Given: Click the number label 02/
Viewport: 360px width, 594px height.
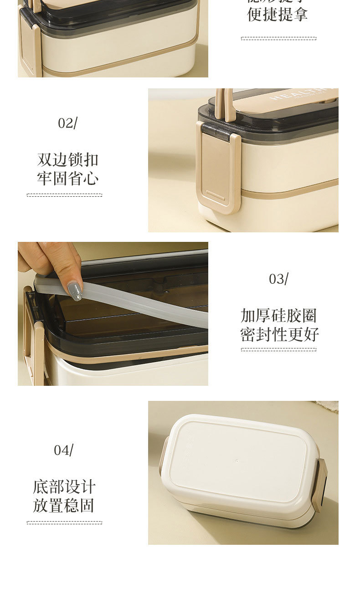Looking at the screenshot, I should pyautogui.click(x=67, y=123).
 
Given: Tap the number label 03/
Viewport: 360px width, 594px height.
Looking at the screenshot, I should pyautogui.click(x=278, y=279).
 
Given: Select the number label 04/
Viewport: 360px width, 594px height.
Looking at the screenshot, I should pyautogui.click(x=63, y=450).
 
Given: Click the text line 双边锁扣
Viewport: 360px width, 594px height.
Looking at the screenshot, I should pyautogui.click(x=67, y=160).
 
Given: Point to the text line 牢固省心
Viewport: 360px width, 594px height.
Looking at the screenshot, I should pyautogui.click(x=67, y=179).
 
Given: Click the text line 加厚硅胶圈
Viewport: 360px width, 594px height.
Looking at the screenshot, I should pyautogui.click(x=278, y=316).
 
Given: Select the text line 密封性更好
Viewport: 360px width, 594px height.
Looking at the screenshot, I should pyautogui.click(x=279, y=334).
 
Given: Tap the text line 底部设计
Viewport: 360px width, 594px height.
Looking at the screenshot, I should pyautogui.click(x=64, y=487).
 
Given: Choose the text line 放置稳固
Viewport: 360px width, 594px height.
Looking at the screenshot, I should pyautogui.click(x=64, y=506).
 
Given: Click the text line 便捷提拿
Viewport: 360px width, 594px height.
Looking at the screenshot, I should pyautogui.click(x=277, y=15).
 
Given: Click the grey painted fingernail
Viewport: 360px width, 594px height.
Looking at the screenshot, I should pyautogui.click(x=74, y=291).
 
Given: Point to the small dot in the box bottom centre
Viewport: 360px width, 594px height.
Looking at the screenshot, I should pyautogui.click(x=237, y=461).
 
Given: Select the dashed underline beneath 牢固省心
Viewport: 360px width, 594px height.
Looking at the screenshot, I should pyautogui.click(x=64, y=195).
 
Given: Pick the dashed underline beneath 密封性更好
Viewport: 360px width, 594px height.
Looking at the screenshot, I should pyautogui.click(x=278, y=349).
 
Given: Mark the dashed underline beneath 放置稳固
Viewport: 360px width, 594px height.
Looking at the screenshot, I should pyautogui.click(x=64, y=522).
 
